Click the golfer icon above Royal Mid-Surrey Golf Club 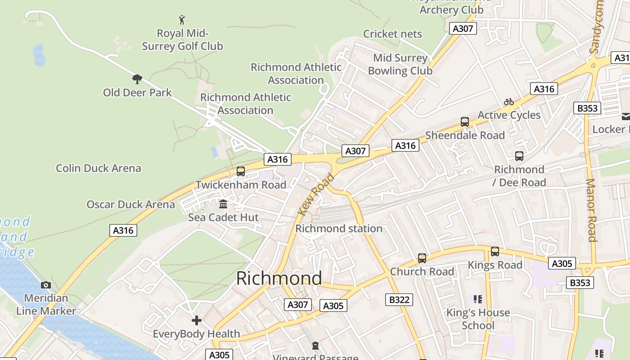[182, 20]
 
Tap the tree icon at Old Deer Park [137, 80]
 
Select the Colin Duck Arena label [99, 168]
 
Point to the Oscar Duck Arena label [130, 205]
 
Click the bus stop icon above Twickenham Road [241, 171]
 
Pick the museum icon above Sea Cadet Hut [223, 204]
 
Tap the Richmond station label [338, 229]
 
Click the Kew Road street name [316, 194]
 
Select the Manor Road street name [591, 210]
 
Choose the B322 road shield [399, 300]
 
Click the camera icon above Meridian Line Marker [46, 285]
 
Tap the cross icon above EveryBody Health [196, 320]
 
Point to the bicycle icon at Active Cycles [509, 102]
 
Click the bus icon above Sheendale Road [465, 122]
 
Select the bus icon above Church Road [422, 258]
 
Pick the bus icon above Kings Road [495, 252]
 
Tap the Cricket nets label [392, 34]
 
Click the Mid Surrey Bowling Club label [400, 64]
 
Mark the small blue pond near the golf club [39, 55]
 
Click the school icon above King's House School [477, 299]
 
